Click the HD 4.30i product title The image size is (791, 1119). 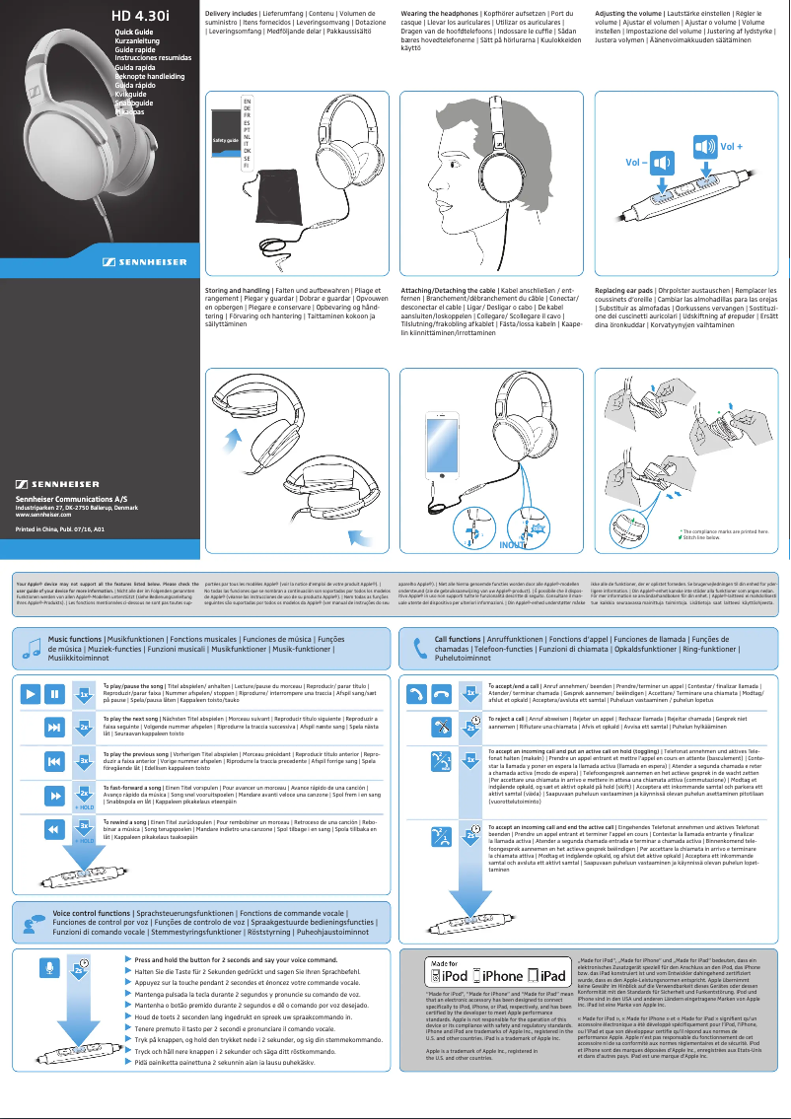(140, 16)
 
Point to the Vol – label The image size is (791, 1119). (633, 160)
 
